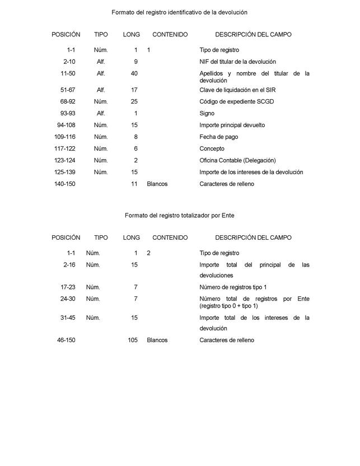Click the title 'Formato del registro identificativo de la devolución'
coord(179,12)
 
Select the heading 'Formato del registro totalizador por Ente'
coord(179,215)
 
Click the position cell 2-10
coord(69,62)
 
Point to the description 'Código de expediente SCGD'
coord(237,102)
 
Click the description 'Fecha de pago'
coord(218,137)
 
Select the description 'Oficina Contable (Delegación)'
coord(237,160)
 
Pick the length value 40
coord(134,73)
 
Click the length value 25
coord(134,102)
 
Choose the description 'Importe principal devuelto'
coord(232,125)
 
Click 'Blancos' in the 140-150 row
coord(157,184)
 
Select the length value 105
coord(133,340)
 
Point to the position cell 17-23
coord(68,287)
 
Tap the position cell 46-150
coord(66,340)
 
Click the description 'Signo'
coord(207,113)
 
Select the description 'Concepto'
coord(212,148)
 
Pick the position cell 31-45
coord(68,318)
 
